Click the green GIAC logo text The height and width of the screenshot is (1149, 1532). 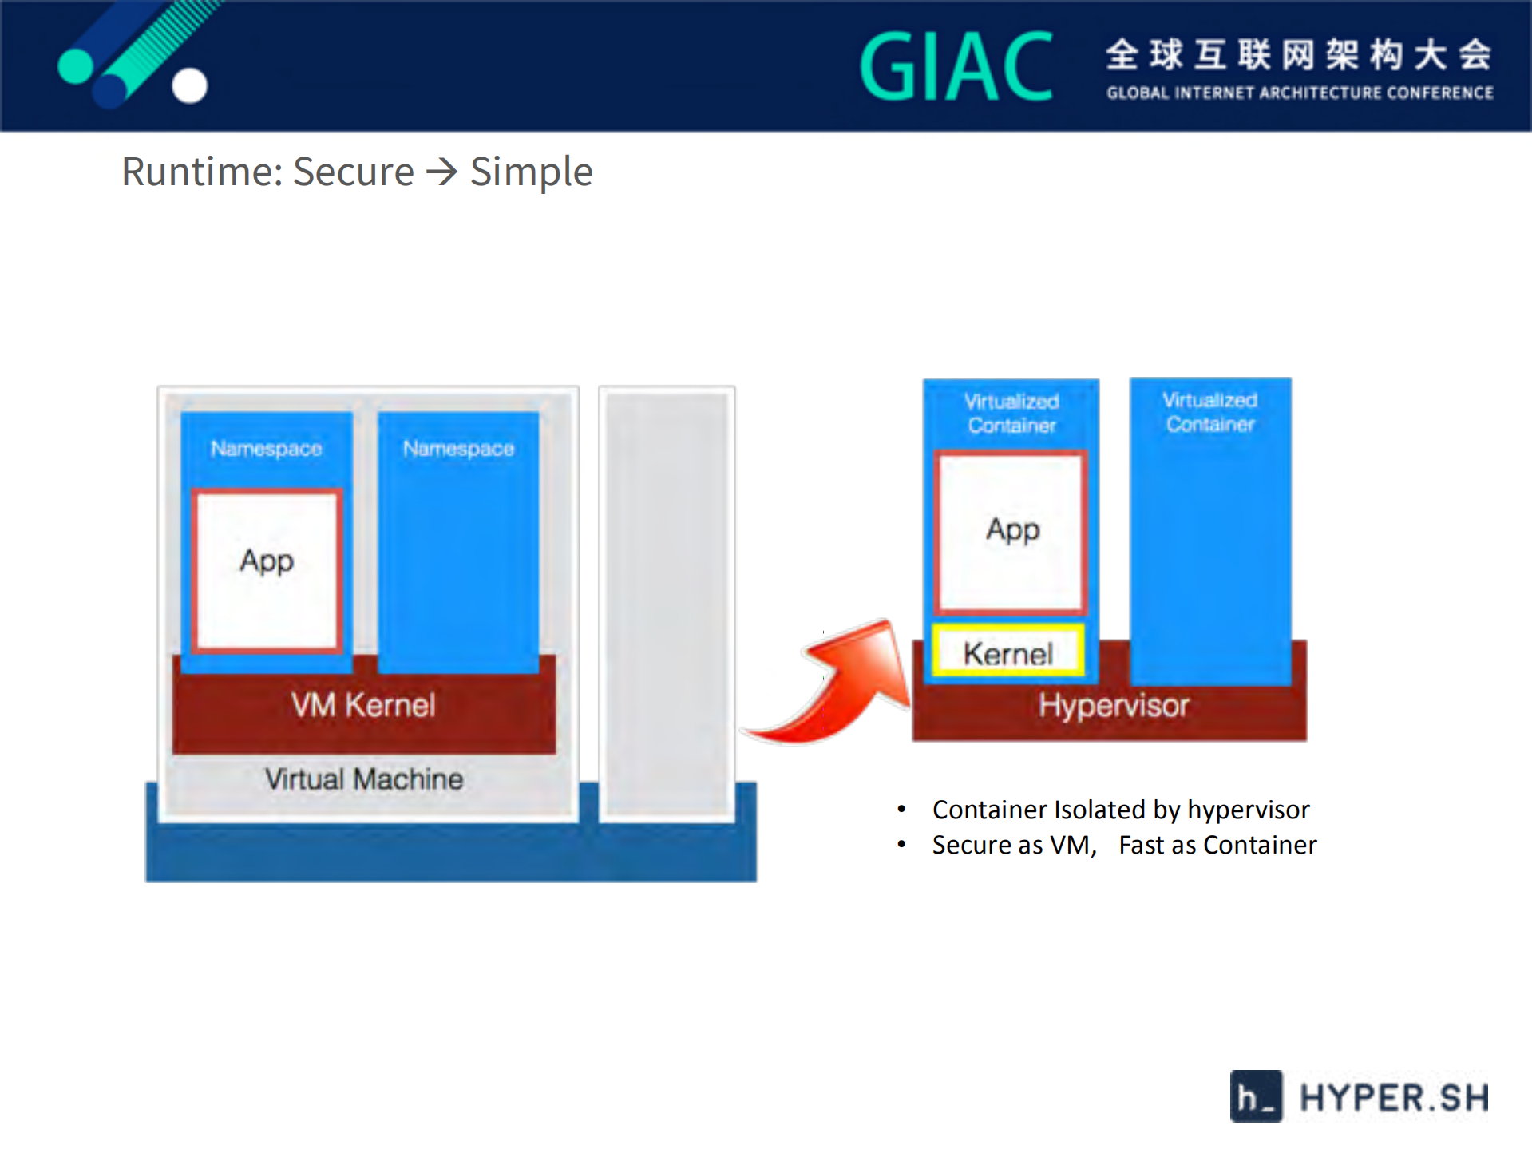[956, 67]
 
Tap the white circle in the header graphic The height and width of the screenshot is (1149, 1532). [189, 85]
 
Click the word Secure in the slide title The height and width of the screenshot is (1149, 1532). [353, 172]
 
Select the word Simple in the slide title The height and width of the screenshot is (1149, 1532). [531, 172]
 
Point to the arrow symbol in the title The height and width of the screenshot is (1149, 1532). [441, 172]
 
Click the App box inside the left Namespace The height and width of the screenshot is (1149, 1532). [267, 570]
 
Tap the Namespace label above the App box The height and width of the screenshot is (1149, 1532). [266, 449]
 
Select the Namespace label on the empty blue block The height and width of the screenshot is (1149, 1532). [458, 449]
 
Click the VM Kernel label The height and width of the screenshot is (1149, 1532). [363, 705]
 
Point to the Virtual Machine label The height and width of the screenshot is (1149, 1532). [363, 779]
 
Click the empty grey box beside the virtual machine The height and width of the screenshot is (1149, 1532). [667, 603]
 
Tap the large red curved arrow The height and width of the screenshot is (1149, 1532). [838, 687]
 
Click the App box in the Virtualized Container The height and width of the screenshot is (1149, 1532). [1011, 532]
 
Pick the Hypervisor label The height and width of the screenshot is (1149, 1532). [1113, 706]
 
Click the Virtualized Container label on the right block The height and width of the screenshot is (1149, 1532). [1209, 412]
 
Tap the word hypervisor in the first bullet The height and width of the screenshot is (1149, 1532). [1248, 810]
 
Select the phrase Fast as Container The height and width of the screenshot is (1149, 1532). [1217, 845]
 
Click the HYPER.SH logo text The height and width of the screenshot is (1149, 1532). [1393, 1097]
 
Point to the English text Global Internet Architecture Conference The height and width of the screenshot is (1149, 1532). [1299, 93]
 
